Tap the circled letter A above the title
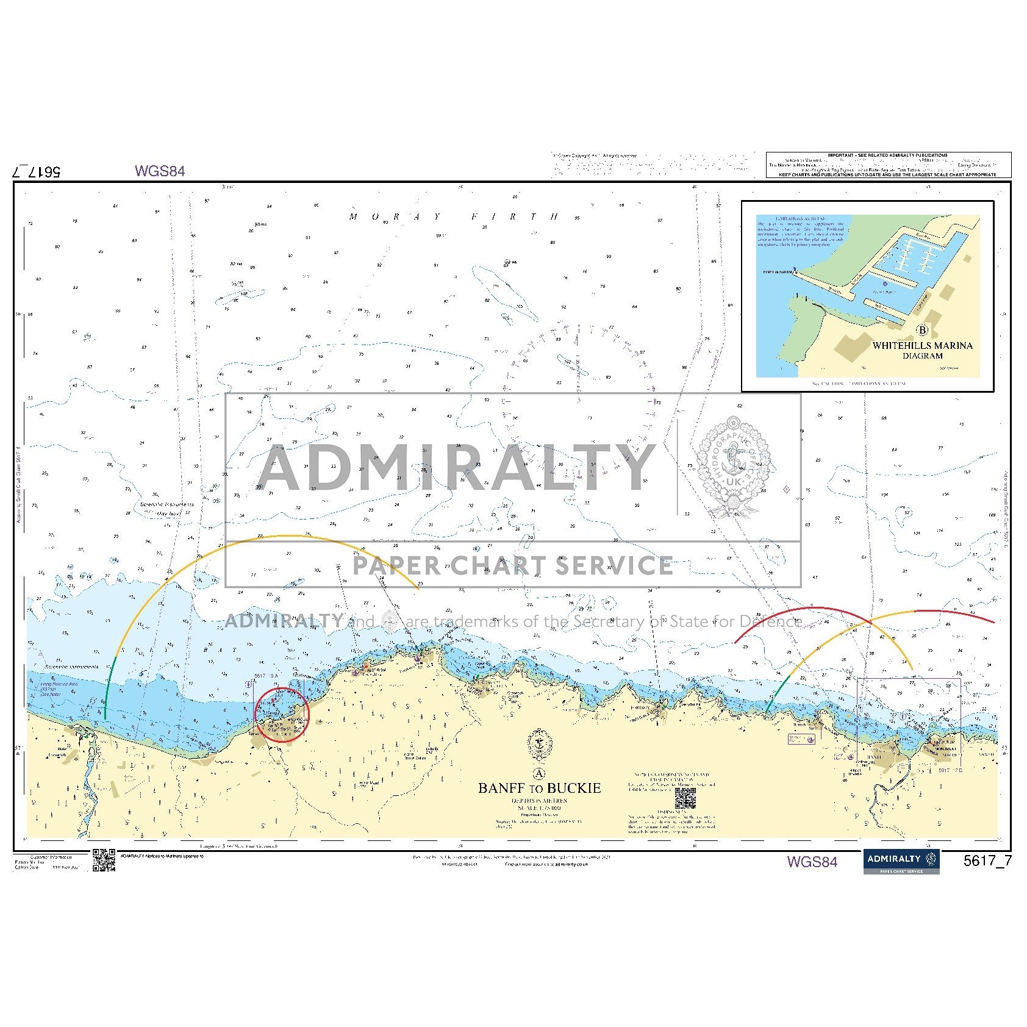coord(539,774)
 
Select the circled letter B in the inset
coord(922,331)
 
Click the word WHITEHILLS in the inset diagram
coord(900,345)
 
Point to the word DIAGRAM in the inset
coord(922,356)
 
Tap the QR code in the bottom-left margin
coord(104,860)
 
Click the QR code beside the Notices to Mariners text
coord(685,798)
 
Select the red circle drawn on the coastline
coord(282,715)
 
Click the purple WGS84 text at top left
coord(160,171)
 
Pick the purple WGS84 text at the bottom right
coord(812,862)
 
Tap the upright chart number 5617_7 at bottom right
coord(987,861)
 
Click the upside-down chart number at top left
coord(37,171)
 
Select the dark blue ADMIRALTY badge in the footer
coord(901,861)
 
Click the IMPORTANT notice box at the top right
coord(888,165)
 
